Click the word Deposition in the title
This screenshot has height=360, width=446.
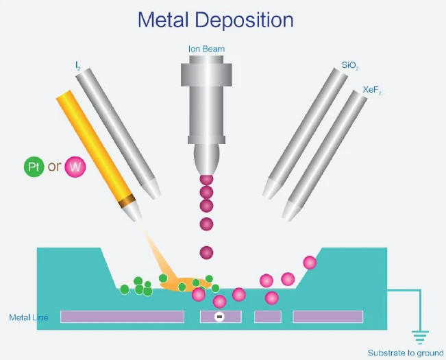245,21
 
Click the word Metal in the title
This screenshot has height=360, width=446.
163,20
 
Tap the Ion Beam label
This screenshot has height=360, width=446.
206,49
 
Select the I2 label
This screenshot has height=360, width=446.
78,66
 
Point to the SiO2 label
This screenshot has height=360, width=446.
350,65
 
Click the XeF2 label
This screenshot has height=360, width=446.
372,90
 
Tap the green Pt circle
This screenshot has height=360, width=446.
34,167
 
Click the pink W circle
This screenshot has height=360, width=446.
75,167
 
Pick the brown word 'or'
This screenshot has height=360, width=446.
54,167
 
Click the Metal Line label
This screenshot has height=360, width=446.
29,317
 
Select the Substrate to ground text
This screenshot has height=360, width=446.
406,353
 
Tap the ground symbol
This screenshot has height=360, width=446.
420,337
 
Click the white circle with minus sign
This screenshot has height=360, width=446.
219,317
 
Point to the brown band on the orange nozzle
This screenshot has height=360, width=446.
127,201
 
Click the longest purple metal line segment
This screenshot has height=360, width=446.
123,317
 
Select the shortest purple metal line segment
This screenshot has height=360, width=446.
268,317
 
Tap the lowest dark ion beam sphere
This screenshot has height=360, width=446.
206,253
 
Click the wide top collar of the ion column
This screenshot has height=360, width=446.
206,75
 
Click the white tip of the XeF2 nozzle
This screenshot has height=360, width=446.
290,211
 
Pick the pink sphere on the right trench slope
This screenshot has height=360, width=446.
310,263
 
